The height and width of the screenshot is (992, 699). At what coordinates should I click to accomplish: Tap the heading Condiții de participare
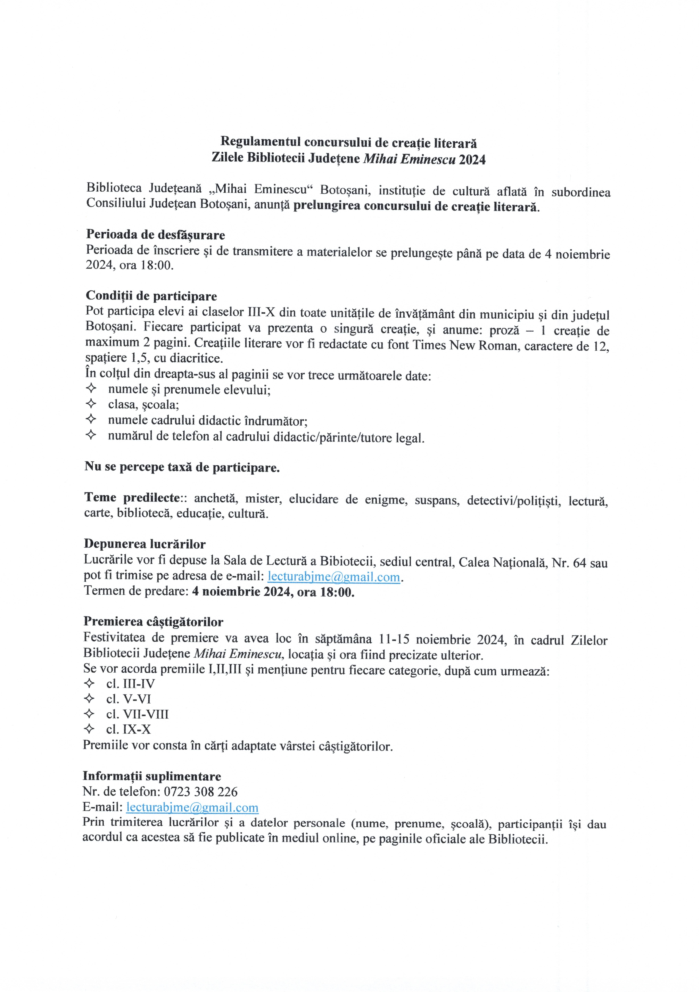click(151, 296)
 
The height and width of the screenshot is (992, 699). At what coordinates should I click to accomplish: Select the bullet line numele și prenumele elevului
click(189, 390)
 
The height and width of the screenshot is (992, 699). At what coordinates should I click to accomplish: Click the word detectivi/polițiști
click(514, 500)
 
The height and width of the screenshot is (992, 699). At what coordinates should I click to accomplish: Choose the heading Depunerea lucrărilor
click(145, 544)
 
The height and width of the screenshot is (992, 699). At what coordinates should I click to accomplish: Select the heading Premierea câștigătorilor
click(153, 622)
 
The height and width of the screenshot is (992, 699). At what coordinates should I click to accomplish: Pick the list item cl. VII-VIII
click(137, 714)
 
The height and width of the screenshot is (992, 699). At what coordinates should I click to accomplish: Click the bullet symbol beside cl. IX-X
click(89, 729)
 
